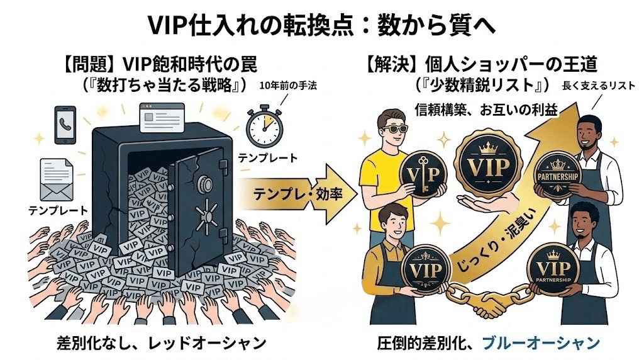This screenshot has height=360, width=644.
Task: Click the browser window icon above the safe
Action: point(162,116)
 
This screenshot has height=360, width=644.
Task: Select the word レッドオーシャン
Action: point(210,343)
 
